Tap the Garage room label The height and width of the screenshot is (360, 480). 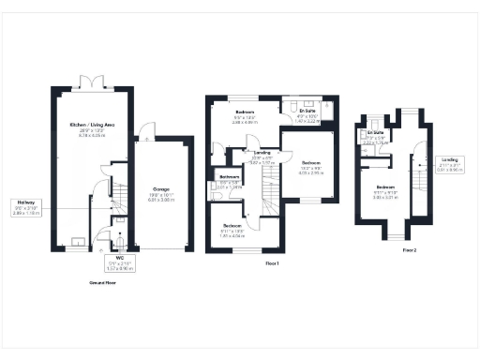(162, 193)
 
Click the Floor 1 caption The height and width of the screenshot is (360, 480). (273, 263)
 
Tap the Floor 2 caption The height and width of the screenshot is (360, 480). (409, 251)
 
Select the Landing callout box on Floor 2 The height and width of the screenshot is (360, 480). (453, 165)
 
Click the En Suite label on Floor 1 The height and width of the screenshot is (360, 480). (307, 115)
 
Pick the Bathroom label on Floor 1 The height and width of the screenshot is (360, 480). (230, 181)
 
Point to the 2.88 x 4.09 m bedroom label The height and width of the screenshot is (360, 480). (246, 117)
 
